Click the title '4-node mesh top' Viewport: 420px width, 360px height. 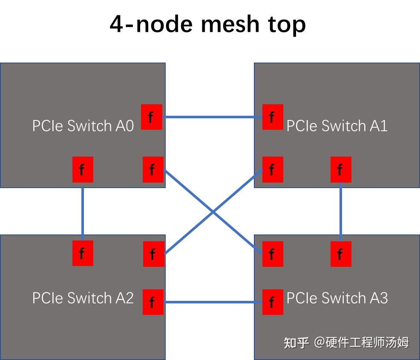tap(208, 24)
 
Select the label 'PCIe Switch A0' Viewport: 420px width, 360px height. tap(83, 126)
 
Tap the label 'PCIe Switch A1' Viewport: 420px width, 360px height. tap(337, 126)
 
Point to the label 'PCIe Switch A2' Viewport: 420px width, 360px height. tap(83, 298)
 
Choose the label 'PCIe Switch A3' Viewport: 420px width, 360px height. tap(337, 298)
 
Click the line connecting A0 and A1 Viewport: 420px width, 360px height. tap(212, 117)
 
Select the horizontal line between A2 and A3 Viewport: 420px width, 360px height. tap(212, 302)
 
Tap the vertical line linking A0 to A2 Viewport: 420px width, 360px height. tap(83, 211)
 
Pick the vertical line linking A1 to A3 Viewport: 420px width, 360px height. tap(341, 211)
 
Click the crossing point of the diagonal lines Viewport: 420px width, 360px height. tap(213, 211)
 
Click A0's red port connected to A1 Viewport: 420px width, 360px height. tap(151, 117)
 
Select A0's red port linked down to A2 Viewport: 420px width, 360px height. tap(83, 169)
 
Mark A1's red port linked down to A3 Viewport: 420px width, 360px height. tap(341, 169)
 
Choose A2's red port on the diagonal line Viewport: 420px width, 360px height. tap(153, 254)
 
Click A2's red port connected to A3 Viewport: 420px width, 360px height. tap(152, 302)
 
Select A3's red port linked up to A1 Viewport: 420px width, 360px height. tap(341, 254)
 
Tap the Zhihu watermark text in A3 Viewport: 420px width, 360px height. tap(346, 343)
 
